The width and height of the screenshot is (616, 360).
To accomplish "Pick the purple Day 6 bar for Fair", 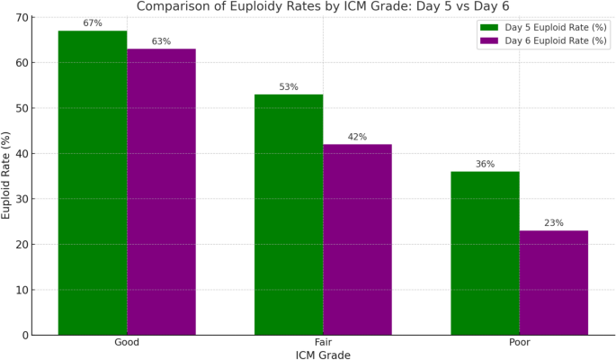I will click(357, 239).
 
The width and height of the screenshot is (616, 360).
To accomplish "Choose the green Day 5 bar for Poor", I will click(485, 253).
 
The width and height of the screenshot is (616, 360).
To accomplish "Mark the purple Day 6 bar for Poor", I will click(553, 283).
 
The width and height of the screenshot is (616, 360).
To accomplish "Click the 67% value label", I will click(93, 23).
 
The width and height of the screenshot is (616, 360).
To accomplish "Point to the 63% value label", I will click(161, 41).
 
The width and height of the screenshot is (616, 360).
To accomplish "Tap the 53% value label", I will click(289, 87).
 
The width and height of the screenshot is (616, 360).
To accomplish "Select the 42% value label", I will click(357, 137).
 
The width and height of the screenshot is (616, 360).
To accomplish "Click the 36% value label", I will click(485, 164).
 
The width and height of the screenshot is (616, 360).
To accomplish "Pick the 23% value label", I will click(553, 223).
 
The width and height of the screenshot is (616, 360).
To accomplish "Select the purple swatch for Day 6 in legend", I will click(488, 40).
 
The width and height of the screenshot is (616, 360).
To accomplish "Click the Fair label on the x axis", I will click(323, 343).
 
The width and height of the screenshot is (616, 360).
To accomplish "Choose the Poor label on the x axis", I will click(519, 343).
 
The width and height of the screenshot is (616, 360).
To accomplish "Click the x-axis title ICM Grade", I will click(323, 355).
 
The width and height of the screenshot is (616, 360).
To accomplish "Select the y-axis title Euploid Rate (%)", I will click(7, 175).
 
